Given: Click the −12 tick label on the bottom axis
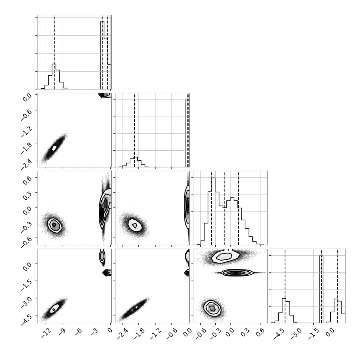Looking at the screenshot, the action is (x=46, y=333).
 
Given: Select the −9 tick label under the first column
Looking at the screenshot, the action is (x=62, y=332).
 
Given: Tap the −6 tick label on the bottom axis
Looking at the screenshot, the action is (x=79, y=332).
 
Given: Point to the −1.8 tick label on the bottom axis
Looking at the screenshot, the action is (x=139, y=334).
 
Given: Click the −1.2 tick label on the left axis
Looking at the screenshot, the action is (x=27, y=131).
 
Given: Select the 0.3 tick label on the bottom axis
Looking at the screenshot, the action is (x=245, y=333).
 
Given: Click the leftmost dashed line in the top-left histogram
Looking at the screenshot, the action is (x=54, y=52).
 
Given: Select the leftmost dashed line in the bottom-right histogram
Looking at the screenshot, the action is (x=285, y=286).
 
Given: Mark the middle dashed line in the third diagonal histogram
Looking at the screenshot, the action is (x=224, y=208).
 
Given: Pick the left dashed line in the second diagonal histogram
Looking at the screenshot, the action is (x=134, y=130).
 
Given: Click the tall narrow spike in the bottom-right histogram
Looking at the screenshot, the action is (x=321, y=289).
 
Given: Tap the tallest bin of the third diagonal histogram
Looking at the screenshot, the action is (x=213, y=211).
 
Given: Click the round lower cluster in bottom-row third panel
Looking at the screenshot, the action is (x=212, y=308).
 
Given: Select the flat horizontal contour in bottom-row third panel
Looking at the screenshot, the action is (x=235, y=272).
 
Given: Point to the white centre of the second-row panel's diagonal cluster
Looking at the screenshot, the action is (x=54, y=148).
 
